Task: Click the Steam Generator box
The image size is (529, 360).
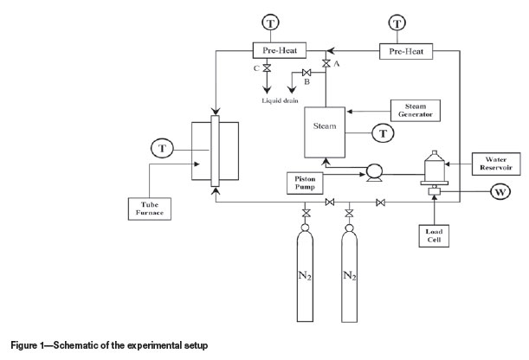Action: pyautogui.click(x=416, y=111)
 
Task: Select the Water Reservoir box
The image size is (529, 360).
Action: pyautogui.click(x=496, y=164)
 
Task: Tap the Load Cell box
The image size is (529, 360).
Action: pyautogui.click(x=434, y=236)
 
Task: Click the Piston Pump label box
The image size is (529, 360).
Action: pyautogui.click(x=305, y=183)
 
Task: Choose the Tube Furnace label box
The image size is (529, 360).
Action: pyautogui.click(x=150, y=209)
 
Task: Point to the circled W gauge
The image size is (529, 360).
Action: pyautogui.click(x=500, y=192)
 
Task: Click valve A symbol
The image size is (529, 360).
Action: pyautogui.click(x=326, y=63)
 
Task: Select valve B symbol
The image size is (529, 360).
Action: pyautogui.click(x=306, y=73)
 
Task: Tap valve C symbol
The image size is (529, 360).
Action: pyautogui.click(x=267, y=67)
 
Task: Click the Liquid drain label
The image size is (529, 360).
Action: pyautogui.click(x=280, y=100)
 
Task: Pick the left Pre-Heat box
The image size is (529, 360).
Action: pyautogui.click(x=280, y=50)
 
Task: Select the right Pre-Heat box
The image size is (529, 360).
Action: pyautogui.click(x=406, y=52)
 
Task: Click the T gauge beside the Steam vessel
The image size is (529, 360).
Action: pyautogui.click(x=383, y=133)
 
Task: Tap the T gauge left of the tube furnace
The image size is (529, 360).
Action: pyautogui.click(x=162, y=148)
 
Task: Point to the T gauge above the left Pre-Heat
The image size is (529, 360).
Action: pyautogui.click(x=271, y=22)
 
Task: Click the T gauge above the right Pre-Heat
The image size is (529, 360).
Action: pyautogui.click(x=397, y=23)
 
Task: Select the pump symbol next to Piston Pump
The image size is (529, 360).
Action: pyautogui.click(x=374, y=172)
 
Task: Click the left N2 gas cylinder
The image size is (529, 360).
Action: pyautogui.click(x=305, y=273)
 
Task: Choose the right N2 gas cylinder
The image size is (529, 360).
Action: pyautogui.click(x=350, y=273)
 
